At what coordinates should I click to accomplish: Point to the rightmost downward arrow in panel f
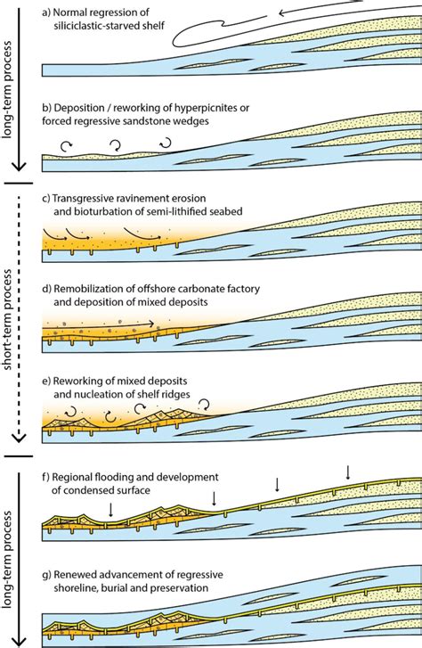[348, 472]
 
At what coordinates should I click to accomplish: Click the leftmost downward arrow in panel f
[110, 510]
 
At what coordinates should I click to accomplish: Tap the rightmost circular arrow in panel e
[204, 406]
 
